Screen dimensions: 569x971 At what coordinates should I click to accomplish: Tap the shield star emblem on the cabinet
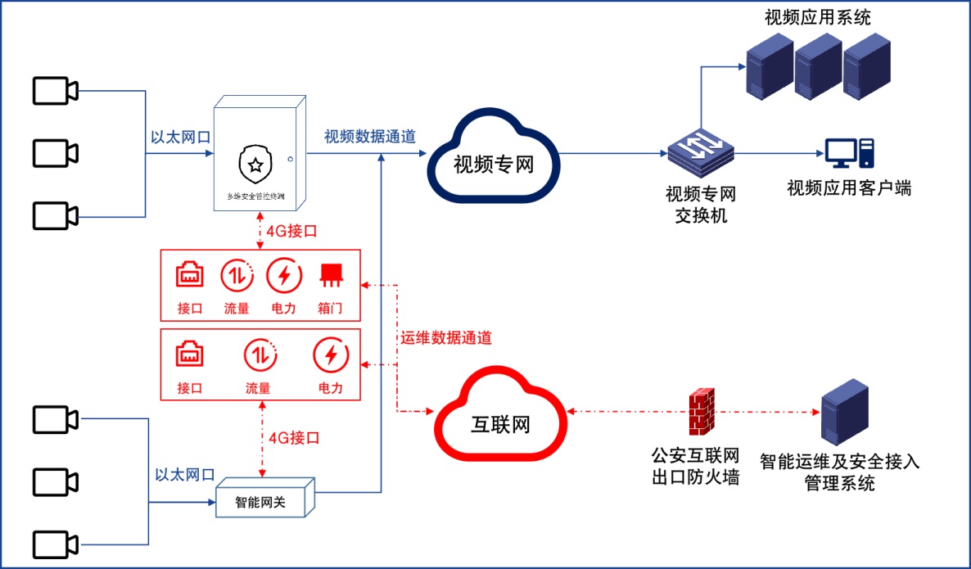pos(256,165)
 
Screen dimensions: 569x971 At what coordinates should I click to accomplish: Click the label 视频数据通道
pos(369,137)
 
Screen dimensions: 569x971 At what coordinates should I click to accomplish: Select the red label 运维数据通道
pos(446,336)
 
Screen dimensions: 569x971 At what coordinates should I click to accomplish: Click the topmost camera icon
pos(55,90)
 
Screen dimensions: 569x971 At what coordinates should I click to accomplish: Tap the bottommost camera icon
pos(55,545)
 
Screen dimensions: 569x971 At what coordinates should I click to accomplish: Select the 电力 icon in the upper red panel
pos(284,276)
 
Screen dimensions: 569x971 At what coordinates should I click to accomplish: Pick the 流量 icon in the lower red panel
pos(258,356)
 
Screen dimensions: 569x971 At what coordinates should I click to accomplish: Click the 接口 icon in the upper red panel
pos(190,276)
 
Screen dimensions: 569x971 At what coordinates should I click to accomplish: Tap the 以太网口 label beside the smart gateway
pos(185,475)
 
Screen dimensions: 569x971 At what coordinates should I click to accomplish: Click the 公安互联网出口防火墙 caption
pos(696,466)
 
